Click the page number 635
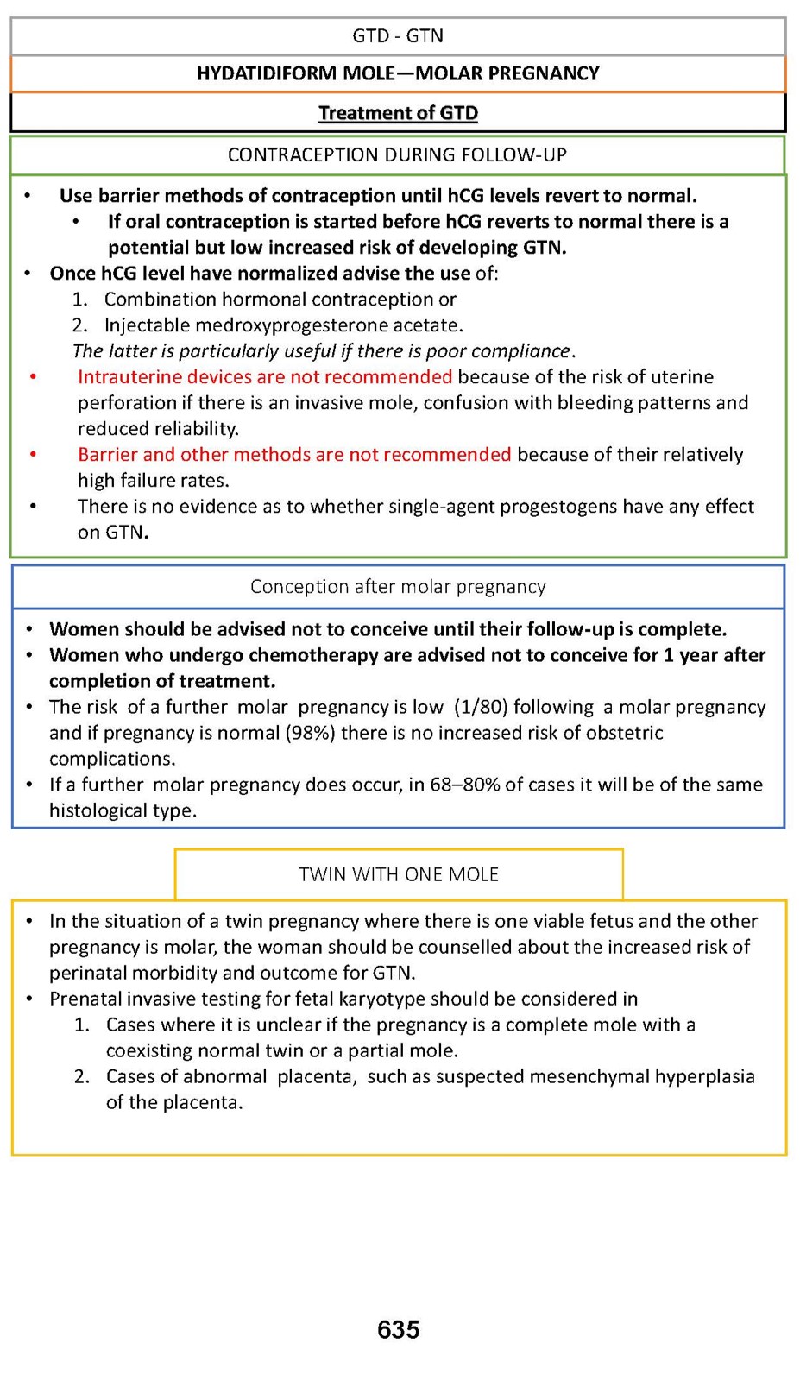click(x=399, y=1329)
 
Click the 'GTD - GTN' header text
click(x=398, y=35)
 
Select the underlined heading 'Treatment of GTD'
click(x=398, y=113)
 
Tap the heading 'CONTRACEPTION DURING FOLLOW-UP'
click(x=397, y=154)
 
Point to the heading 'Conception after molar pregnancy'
click(x=398, y=587)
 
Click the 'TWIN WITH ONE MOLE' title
click(x=399, y=874)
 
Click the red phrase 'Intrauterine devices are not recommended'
click(x=265, y=377)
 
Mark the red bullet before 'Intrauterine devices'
click(x=33, y=377)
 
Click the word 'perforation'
click(x=126, y=403)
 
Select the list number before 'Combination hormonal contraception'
click(x=79, y=300)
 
